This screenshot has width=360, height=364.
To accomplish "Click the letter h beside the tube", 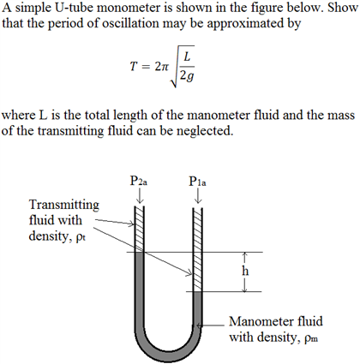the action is click(x=246, y=272).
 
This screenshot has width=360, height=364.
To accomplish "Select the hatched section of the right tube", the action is click(x=198, y=248).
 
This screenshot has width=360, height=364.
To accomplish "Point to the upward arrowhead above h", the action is click(x=245, y=254).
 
